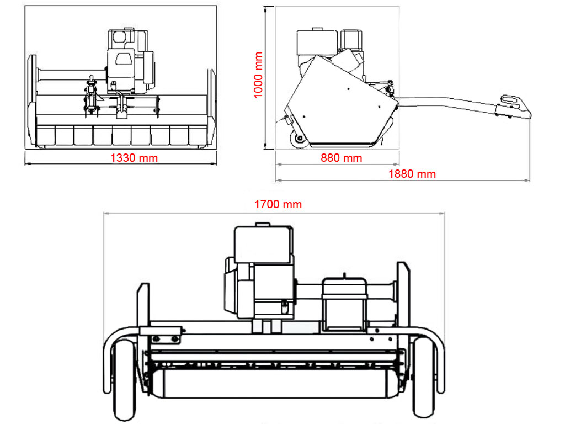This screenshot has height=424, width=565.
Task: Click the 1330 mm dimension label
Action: [x=134, y=158]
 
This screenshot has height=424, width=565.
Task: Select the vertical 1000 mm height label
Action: [x=258, y=75]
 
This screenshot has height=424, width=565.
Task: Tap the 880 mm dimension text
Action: [x=341, y=158]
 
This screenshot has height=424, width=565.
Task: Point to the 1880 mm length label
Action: [x=412, y=174]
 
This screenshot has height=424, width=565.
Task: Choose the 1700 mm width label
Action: [x=278, y=204]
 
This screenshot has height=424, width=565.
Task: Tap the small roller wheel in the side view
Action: [x=300, y=140]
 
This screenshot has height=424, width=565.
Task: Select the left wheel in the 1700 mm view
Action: [x=125, y=380]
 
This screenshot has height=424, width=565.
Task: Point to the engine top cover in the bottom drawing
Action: [x=262, y=243]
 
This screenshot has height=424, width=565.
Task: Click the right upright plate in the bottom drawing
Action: [x=403, y=298]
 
